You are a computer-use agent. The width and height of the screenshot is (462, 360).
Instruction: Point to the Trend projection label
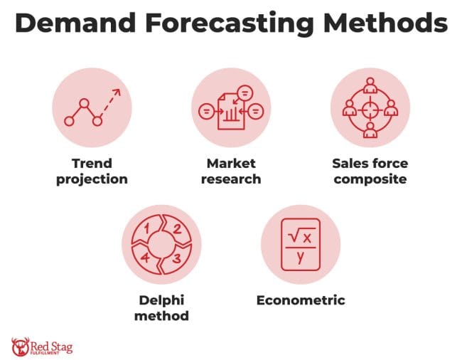tap(92, 171)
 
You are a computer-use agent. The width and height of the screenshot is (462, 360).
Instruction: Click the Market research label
tap(230, 171)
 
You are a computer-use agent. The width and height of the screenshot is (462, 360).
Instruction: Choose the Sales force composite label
tap(370, 171)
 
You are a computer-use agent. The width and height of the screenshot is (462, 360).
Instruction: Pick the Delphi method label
tap(161, 308)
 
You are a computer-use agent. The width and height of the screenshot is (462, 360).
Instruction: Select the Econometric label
tap(301, 300)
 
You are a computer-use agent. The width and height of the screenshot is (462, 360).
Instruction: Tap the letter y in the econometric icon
tap(301, 258)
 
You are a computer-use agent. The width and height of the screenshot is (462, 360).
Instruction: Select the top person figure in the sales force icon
tap(370, 85)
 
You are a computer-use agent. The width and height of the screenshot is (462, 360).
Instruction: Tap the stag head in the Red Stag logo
tap(20, 346)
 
